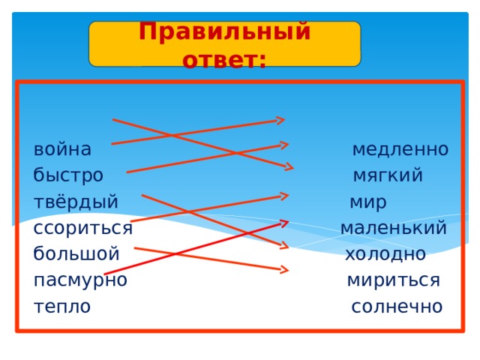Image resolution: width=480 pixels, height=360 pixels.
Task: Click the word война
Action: pos(62,149)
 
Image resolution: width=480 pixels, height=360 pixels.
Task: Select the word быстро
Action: pos(68,175)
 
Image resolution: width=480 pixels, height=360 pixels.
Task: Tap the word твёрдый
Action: pos(76,202)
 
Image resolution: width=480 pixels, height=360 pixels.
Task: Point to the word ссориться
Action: pos(82,227)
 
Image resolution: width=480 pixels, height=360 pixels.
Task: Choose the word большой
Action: pos(76,253)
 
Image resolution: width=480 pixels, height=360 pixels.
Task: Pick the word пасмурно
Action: pos(79,280)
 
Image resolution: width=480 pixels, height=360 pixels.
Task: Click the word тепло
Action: pos(61,306)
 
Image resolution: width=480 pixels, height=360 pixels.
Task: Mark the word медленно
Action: pos(400,149)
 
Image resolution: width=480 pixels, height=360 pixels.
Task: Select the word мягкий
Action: pos(388,175)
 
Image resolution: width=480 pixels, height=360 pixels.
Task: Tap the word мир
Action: pos(368,202)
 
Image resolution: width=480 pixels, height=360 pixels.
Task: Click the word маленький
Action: pos(393,227)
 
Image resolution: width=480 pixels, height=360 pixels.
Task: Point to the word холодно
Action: pos(385,253)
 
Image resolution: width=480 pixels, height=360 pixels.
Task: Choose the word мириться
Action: pos(393,280)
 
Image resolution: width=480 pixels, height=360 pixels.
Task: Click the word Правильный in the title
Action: pos(224,32)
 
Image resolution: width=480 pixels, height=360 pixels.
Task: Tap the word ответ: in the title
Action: pos(224,57)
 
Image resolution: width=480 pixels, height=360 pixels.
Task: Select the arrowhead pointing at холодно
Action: pos(283,244)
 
